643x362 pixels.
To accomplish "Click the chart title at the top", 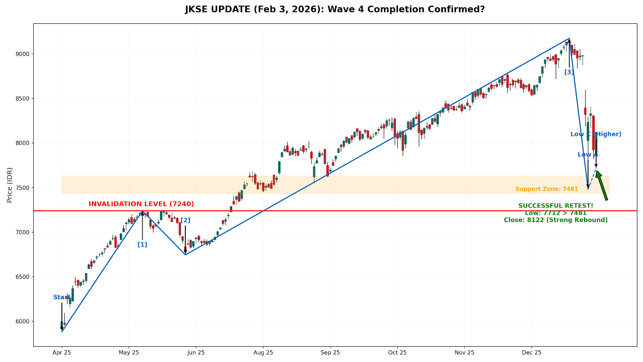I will pyautogui.click(x=335, y=9).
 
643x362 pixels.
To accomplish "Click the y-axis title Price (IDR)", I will pyautogui.click(x=10, y=185).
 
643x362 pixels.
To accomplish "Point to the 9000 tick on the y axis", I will pyautogui.click(x=23, y=54).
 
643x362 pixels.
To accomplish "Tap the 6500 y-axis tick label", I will pyautogui.click(x=23, y=277).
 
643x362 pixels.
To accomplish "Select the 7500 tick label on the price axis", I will pyautogui.click(x=23, y=188).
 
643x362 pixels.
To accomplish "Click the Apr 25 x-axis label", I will pyautogui.click(x=61, y=353).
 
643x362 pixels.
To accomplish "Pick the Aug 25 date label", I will pyautogui.click(x=263, y=353).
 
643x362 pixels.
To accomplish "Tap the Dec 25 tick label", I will pyautogui.click(x=532, y=353).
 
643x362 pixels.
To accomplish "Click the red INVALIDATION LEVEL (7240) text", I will pyautogui.click(x=141, y=204).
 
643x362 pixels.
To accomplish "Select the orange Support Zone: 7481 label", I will pyautogui.click(x=547, y=189).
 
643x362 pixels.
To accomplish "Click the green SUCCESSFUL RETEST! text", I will pyautogui.click(x=555, y=206).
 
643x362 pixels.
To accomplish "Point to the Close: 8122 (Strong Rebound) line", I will pyautogui.click(x=555, y=220).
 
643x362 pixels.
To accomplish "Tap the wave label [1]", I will pyautogui.click(x=142, y=245).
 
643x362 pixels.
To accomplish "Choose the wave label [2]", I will pyautogui.click(x=185, y=220).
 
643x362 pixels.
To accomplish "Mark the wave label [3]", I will pyautogui.click(x=569, y=72).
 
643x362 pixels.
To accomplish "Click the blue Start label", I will pyautogui.click(x=61, y=298).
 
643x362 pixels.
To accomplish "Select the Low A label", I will pyautogui.click(x=588, y=155).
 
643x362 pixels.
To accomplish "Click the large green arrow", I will pyautogui.click(x=602, y=185).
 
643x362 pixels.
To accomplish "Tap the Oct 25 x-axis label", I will pyautogui.click(x=397, y=353).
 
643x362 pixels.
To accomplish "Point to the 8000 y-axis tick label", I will pyautogui.click(x=23, y=143).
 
